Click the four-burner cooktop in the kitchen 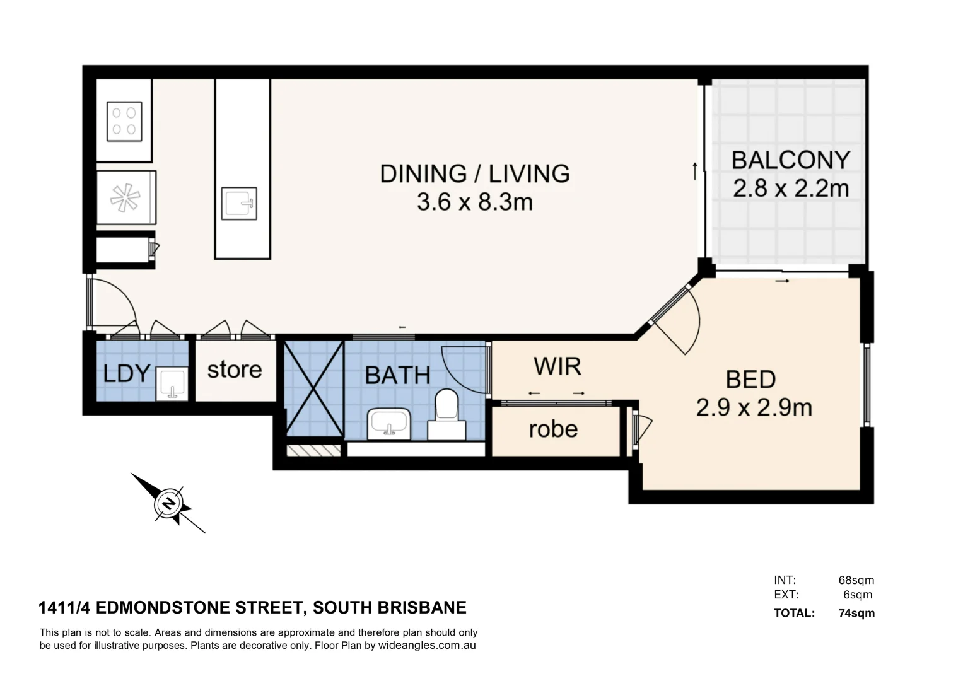[x=124, y=121]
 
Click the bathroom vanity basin [x=389, y=423]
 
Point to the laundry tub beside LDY [x=172, y=384]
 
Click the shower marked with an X [x=313, y=388]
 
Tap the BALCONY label [x=790, y=160]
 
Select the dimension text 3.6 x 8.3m [x=474, y=202]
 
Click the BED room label [x=750, y=380]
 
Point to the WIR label [x=557, y=366]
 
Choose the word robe [x=553, y=429]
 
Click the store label [x=235, y=370]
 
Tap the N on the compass [x=168, y=504]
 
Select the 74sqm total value [x=856, y=613]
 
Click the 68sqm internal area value [x=856, y=580]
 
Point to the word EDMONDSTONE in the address [x=197, y=608]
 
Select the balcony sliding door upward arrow [x=694, y=171]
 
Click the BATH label [x=397, y=376]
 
